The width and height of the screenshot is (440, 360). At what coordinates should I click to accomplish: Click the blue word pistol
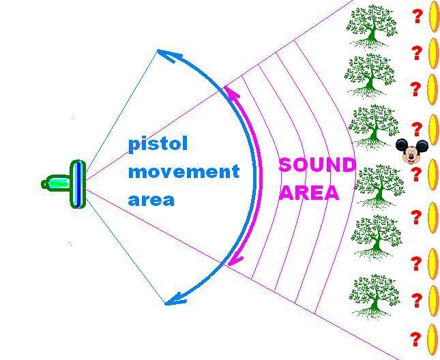158,145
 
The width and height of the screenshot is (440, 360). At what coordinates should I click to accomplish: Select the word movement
184,172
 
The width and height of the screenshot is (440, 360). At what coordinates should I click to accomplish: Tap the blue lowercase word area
151,200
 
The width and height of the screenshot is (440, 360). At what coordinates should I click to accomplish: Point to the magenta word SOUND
317,164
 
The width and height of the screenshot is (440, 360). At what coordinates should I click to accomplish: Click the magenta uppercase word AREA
309,193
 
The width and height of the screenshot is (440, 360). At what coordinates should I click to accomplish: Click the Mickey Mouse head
411,151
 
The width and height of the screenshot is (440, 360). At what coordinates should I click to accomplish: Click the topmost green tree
372,27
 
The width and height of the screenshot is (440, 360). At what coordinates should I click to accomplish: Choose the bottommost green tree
375,297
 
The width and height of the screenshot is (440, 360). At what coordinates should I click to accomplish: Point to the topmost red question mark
417,16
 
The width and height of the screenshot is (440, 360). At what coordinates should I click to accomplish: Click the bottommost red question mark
415,340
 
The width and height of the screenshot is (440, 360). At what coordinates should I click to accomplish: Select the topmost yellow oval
434,16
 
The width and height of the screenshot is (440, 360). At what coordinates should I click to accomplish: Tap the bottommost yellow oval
432,340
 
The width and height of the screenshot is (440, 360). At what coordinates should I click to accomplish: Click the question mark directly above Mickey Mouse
417,130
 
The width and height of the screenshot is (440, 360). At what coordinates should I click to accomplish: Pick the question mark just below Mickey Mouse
416,174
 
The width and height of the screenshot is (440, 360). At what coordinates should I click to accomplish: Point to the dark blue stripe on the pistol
79,184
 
